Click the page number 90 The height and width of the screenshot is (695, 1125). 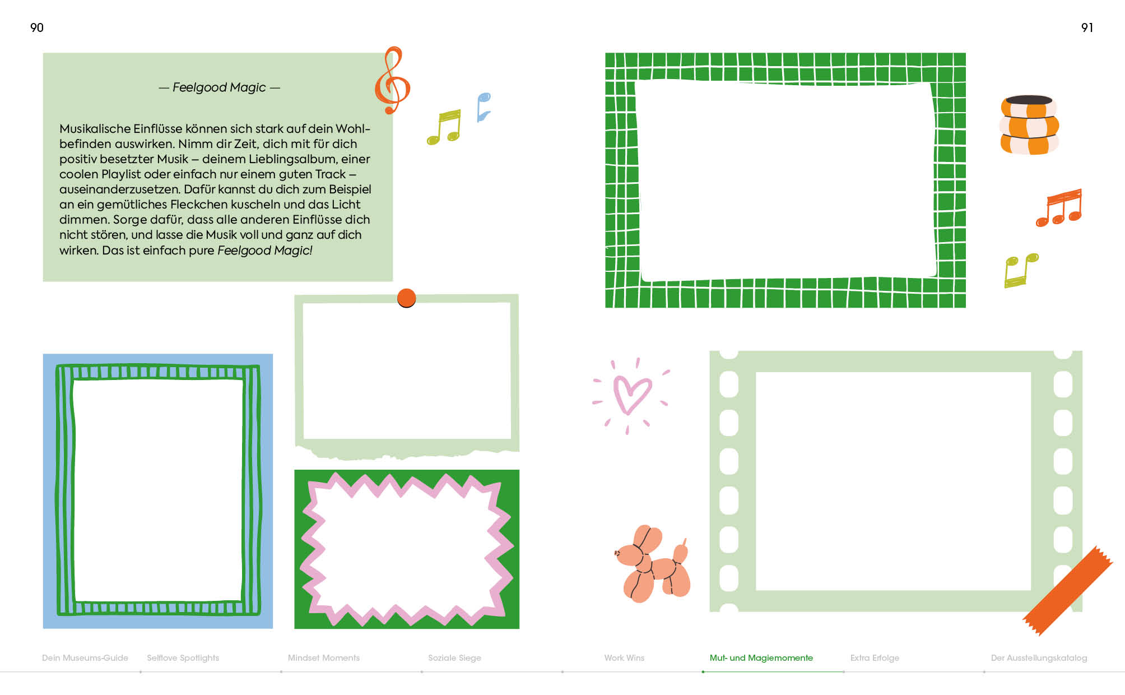pyautogui.click(x=37, y=27)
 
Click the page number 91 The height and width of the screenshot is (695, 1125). pyautogui.click(x=1087, y=27)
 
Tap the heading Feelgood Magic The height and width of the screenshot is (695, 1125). pyautogui.click(x=219, y=87)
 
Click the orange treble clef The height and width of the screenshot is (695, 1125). pyautogui.click(x=393, y=80)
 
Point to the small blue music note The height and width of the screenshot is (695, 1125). pyautogui.click(x=483, y=107)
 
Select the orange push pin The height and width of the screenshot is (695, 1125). pyautogui.click(x=406, y=298)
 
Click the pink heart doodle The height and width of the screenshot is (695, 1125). pyautogui.click(x=631, y=394)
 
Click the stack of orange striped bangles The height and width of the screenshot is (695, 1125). pyautogui.click(x=1029, y=125)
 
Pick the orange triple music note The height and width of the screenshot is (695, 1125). pyautogui.click(x=1059, y=208)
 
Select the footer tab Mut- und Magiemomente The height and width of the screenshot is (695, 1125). pyautogui.click(x=761, y=658)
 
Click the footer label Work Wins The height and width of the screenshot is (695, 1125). pyautogui.click(x=624, y=658)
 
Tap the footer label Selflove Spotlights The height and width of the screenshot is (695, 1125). pyautogui.click(x=183, y=658)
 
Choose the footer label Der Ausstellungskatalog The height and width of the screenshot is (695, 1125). pyautogui.click(x=1039, y=658)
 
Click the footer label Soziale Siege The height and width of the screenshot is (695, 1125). pyautogui.click(x=454, y=658)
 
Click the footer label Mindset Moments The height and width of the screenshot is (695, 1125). pyautogui.click(x=324, y=658)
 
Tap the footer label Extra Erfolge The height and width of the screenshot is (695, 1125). pyautogui.click(x=875, y=658)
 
